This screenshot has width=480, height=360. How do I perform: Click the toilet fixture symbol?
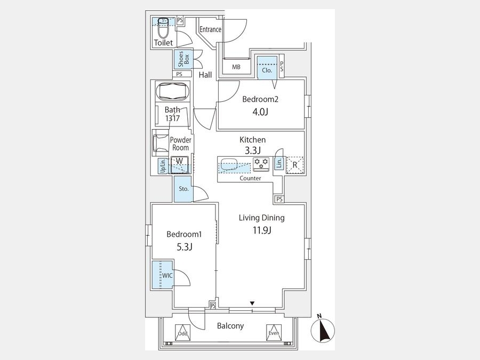(164, 28)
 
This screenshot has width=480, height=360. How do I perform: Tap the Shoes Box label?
(183, 59)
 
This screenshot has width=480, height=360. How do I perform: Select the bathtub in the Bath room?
(172, 91)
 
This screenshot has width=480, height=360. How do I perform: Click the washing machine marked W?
(180, 165)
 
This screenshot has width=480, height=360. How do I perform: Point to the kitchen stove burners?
(261, 164)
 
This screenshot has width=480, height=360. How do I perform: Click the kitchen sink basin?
(229, 164)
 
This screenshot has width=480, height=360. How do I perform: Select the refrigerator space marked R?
(295, 165)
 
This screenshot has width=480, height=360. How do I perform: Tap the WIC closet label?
(167, 276)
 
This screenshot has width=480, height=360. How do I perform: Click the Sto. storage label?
(183, 189)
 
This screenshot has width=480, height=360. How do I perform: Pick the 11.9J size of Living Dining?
(262, 230)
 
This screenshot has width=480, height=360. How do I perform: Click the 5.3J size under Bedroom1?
(185, 247)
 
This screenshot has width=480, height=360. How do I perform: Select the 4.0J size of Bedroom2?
(260, 112)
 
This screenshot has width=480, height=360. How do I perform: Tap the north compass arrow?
(322, 331)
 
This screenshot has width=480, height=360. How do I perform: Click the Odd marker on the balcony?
(183, 333)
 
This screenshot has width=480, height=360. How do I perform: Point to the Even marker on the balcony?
(274, 333)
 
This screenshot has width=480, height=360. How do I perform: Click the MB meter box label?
(236, 67)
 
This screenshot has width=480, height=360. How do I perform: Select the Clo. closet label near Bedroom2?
(267, 70)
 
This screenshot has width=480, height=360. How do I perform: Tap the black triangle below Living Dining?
(252, 303)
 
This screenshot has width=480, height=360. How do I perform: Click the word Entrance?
(211, 29)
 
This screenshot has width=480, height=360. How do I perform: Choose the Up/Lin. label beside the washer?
(163, 166)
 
